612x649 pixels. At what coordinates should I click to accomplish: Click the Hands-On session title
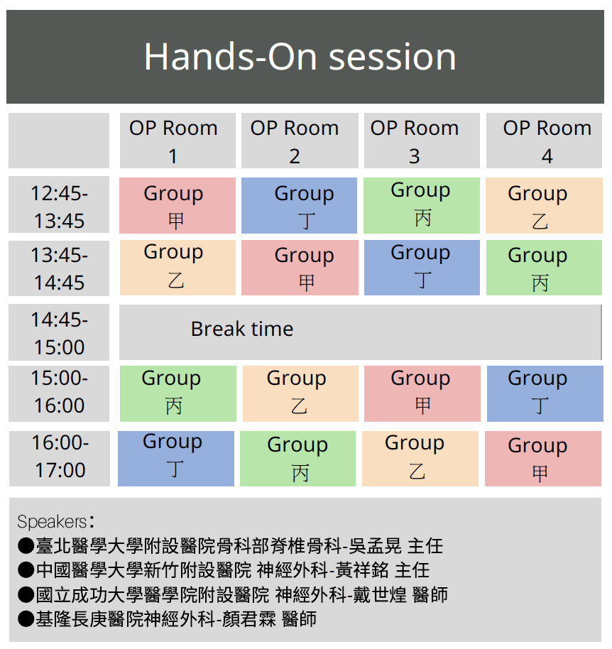[300, 57]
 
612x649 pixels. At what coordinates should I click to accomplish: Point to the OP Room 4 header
[544, 141]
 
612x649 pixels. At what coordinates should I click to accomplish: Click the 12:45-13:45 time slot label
[59, 207]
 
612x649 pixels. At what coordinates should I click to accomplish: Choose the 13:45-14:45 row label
[59, 268]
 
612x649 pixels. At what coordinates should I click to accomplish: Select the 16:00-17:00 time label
[60, 456]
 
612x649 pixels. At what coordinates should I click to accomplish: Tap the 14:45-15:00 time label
[59, 333]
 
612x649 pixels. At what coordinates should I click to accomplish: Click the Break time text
[242, 329]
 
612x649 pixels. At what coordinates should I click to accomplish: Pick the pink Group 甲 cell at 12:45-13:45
[177, 205]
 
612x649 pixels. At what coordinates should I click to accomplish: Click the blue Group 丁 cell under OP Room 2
[299, 205]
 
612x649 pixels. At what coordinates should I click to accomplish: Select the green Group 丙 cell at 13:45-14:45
[544, 268]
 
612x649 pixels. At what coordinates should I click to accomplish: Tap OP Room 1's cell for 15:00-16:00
[178, 393]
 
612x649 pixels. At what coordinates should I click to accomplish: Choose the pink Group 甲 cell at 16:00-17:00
[543, 459]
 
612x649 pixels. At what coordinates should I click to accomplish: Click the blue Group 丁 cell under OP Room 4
[545, 393]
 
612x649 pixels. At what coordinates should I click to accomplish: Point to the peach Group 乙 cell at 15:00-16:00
[300, 393]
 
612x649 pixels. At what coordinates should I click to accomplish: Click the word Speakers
[52, 521]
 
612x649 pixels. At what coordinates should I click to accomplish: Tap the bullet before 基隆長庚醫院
[26, 619]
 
